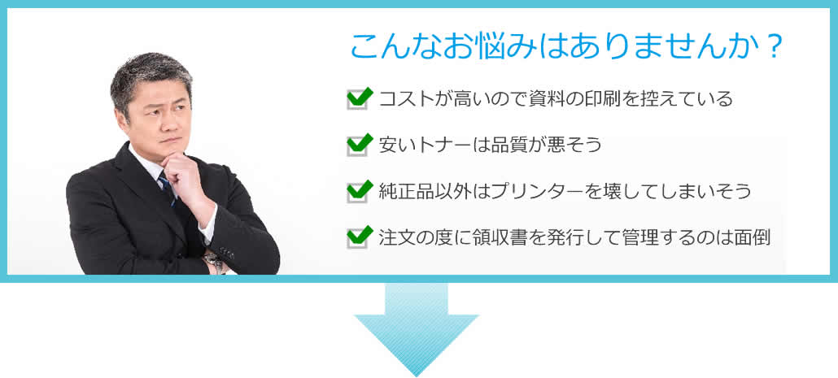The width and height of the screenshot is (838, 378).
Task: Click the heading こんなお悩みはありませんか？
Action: point(566,47)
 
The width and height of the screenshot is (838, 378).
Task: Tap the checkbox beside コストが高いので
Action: point(358,99)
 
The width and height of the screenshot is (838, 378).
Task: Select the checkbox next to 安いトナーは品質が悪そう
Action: point(358,146)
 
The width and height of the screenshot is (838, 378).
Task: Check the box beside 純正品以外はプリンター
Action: point(358,192)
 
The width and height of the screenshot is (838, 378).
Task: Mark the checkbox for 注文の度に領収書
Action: point(358,238)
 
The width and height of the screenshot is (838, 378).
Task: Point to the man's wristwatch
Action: point(214,261)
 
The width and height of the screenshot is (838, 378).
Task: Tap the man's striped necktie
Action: point(168,188)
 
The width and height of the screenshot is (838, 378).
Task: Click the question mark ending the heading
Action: point(774,47)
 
